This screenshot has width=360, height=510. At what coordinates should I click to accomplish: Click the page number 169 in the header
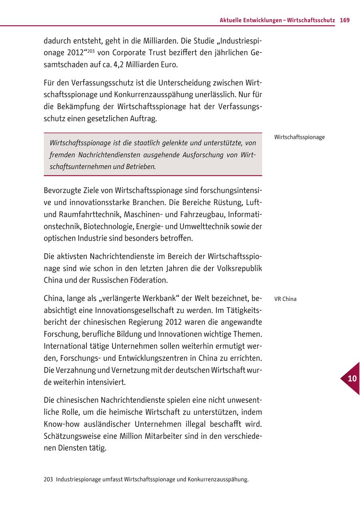345,20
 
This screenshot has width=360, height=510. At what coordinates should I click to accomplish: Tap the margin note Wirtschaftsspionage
300,137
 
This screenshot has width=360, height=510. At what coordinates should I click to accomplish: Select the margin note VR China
286,299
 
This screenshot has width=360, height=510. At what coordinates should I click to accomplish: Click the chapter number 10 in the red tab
352,379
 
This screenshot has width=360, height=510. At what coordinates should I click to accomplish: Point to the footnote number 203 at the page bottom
48,479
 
